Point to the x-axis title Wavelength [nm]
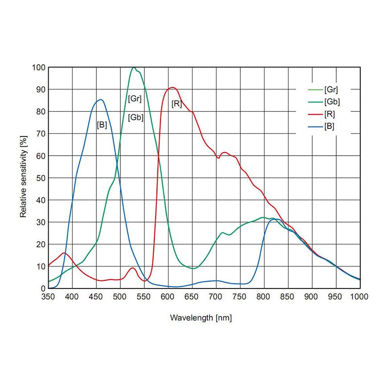[x=201, y=318]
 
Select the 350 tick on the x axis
[x=48, y=297]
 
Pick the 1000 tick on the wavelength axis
[x=359, y=297]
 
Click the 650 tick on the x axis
[x=192, y=297]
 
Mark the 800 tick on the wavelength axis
[x=264, y=297]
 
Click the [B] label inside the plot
[x=102, y=125]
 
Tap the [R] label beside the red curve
[x=177, y=104]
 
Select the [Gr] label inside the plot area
[x=135, y=98]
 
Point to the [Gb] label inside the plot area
[x=136, y=118]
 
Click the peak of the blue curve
[x=101, y=99]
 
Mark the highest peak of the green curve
[x=134, y=67]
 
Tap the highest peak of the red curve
[x=173, y=87]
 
